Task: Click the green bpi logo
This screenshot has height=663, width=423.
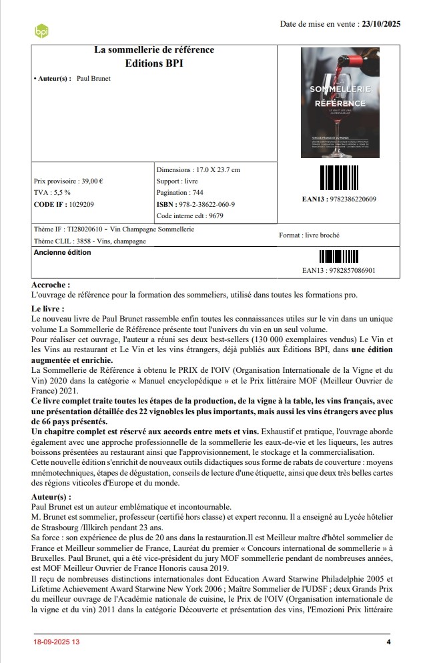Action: (41, 30)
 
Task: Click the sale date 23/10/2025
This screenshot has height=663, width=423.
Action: (381, 25)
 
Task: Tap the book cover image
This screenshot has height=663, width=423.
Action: (341, 102)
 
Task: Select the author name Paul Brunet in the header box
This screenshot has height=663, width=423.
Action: (94, 79)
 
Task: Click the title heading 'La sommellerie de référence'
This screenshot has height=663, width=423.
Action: (154, 51)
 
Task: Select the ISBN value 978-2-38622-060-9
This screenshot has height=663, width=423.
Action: (208, 204)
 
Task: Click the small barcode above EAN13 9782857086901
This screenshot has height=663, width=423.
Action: (338, 257)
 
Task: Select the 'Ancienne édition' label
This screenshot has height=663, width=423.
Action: (63, 253)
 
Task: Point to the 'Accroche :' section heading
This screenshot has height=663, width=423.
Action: (51, 285)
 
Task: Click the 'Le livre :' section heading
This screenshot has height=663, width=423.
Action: (48, 309)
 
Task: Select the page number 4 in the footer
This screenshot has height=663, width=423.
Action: (388, 642)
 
